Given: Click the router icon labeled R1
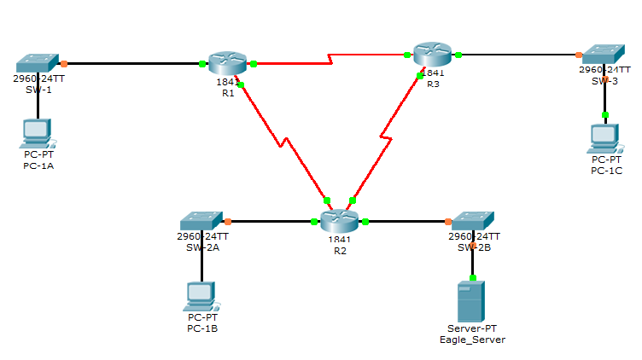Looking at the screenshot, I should click(x=226, y=62).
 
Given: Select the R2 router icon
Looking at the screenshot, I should click(x=339, y=222).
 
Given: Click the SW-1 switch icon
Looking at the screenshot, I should click(x=37, y=63).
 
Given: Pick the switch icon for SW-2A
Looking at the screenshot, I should click(x=201, y=221).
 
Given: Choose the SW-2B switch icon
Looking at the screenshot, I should click(x=473, y=221).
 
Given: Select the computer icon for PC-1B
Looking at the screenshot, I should click(x=201, y=295).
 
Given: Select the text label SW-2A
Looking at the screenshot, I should click(x=202, y=247).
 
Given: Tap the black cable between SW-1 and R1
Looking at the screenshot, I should click(x=132, y=63).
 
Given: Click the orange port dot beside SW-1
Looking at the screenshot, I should click(x=64, y=63).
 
